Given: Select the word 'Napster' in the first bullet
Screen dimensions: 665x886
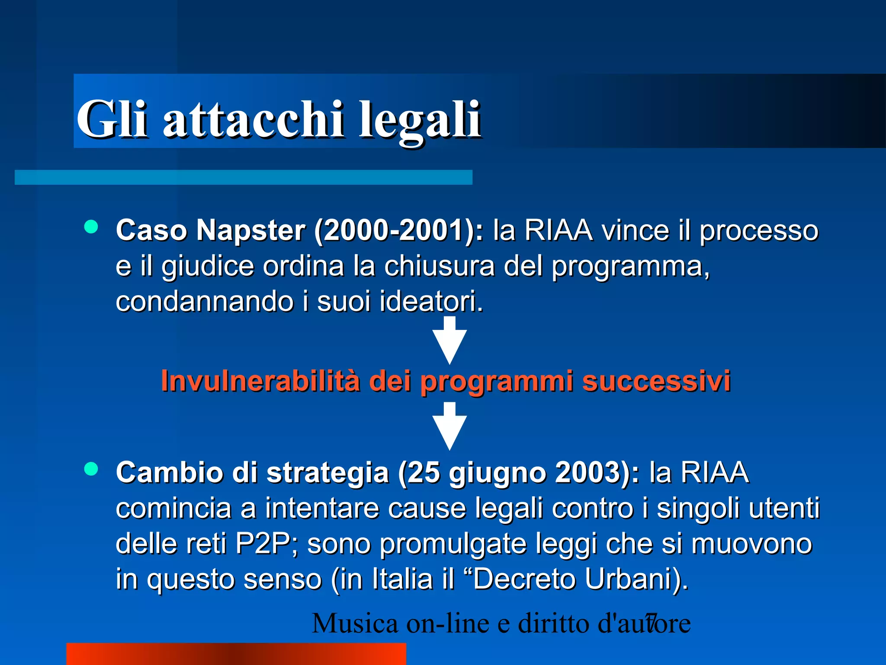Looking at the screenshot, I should [251, 230].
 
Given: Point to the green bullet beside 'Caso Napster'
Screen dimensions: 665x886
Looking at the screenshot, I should [91, 227].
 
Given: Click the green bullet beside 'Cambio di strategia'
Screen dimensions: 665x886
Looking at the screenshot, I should [91, 469].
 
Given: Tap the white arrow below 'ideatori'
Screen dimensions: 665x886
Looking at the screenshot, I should [450, 340].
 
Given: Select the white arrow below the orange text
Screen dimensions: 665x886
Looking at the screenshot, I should [450, 426].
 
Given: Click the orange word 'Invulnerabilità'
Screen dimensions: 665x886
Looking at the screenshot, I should [260, 381].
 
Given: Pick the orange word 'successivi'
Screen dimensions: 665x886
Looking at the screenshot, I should [656, 381].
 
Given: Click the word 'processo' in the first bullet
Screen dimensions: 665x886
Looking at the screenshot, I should [759, 230].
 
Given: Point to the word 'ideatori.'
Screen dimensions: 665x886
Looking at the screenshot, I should [431, 301].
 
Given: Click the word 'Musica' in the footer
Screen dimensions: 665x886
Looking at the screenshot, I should [355, 623].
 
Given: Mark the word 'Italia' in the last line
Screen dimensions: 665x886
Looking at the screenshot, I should [402, 579].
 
